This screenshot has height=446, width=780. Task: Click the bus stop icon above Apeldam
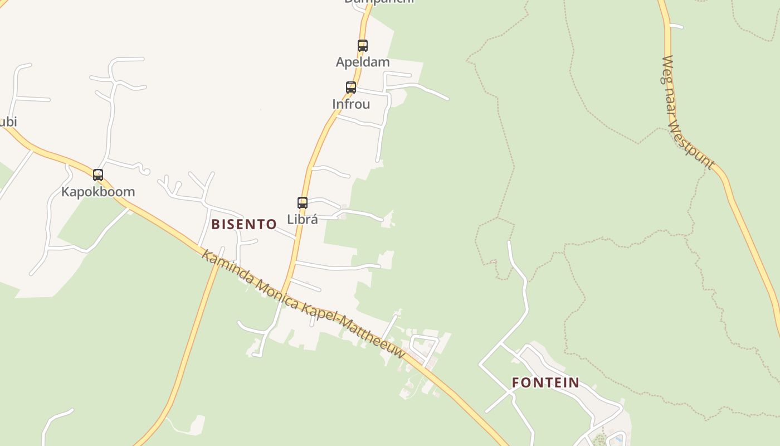[x=363, y=46]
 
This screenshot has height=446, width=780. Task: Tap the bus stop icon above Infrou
[x=351, y=88]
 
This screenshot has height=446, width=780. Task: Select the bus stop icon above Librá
[x=303, y=203]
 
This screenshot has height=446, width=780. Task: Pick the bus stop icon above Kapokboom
[x=98, y=175]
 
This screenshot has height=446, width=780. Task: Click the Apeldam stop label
[x=363, y=62]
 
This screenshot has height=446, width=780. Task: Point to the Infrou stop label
[x=351, y=104]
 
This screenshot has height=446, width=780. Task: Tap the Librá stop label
[x=303, y=219]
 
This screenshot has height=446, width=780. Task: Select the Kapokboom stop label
[x=98, y=192]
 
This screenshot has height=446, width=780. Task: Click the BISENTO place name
[x=244, y=224]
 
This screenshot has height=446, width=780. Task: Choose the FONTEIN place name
[x=545, y=382]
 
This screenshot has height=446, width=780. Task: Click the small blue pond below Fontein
[x=616, y=438]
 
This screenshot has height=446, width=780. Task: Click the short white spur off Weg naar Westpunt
[x=676, y=26]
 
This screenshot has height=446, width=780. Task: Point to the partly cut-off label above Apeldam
[x=379, y=2]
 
